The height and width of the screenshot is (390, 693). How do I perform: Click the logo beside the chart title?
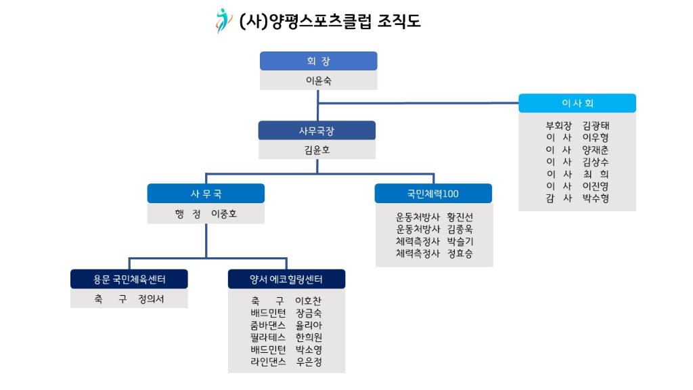click(x=223, y=21)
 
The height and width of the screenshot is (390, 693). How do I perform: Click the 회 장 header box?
click(x=319, y=61)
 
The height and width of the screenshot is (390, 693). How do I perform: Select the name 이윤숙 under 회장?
click(x=319, y=81)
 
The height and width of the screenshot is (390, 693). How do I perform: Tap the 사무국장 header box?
click(x=317, y=131)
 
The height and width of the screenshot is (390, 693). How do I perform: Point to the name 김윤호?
click(x=317, y=150)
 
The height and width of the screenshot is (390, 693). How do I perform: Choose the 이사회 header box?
click(x=577, y=103)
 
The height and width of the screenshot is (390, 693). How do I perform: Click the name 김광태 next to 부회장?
click(x=596, y=125)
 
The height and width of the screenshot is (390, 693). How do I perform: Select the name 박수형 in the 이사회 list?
click(x=596, y=198)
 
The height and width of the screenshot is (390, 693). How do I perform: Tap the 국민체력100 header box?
click(x=433, y=194)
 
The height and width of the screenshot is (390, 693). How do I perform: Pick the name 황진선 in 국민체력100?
click(x=460, y=217)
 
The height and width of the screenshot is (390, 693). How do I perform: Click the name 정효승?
click(x=460, y=253)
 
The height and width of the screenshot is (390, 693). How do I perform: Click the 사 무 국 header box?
click(x=206, y=194)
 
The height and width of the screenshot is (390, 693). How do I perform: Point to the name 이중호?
click(x=223, y=214)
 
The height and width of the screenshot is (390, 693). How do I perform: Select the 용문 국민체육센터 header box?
click(x=129, y=279)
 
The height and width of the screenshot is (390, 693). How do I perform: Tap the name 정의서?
click(x=151, y=299)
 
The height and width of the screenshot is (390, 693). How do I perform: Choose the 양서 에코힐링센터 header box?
click(x=286, y=279)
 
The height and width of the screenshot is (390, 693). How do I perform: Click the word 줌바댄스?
click(x=268, y=326)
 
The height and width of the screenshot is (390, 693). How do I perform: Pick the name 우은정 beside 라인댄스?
click(x=309, y=362)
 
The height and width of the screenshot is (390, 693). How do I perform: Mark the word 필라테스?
click(x=268, y=337)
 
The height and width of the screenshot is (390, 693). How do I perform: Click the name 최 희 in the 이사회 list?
click(x=596, y=174)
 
